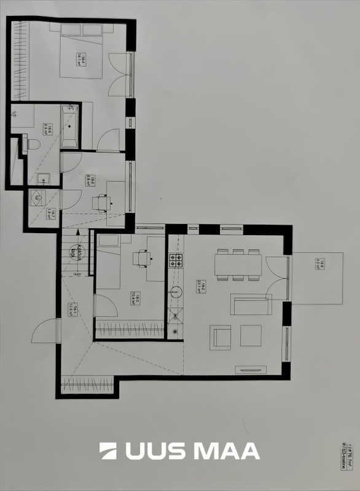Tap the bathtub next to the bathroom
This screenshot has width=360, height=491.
click(69, 126)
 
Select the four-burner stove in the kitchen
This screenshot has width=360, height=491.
click(176, 260)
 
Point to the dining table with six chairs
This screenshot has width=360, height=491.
click(238, 265)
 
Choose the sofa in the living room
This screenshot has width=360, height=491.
click(251, 304)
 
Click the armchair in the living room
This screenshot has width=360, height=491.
click(221, 337)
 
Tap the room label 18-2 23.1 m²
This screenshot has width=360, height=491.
click(200, 286)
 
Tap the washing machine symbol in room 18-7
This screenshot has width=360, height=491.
click(36, 198)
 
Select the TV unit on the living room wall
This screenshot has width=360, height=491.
click(251, 369)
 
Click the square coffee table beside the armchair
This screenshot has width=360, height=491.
click(251, 335)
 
